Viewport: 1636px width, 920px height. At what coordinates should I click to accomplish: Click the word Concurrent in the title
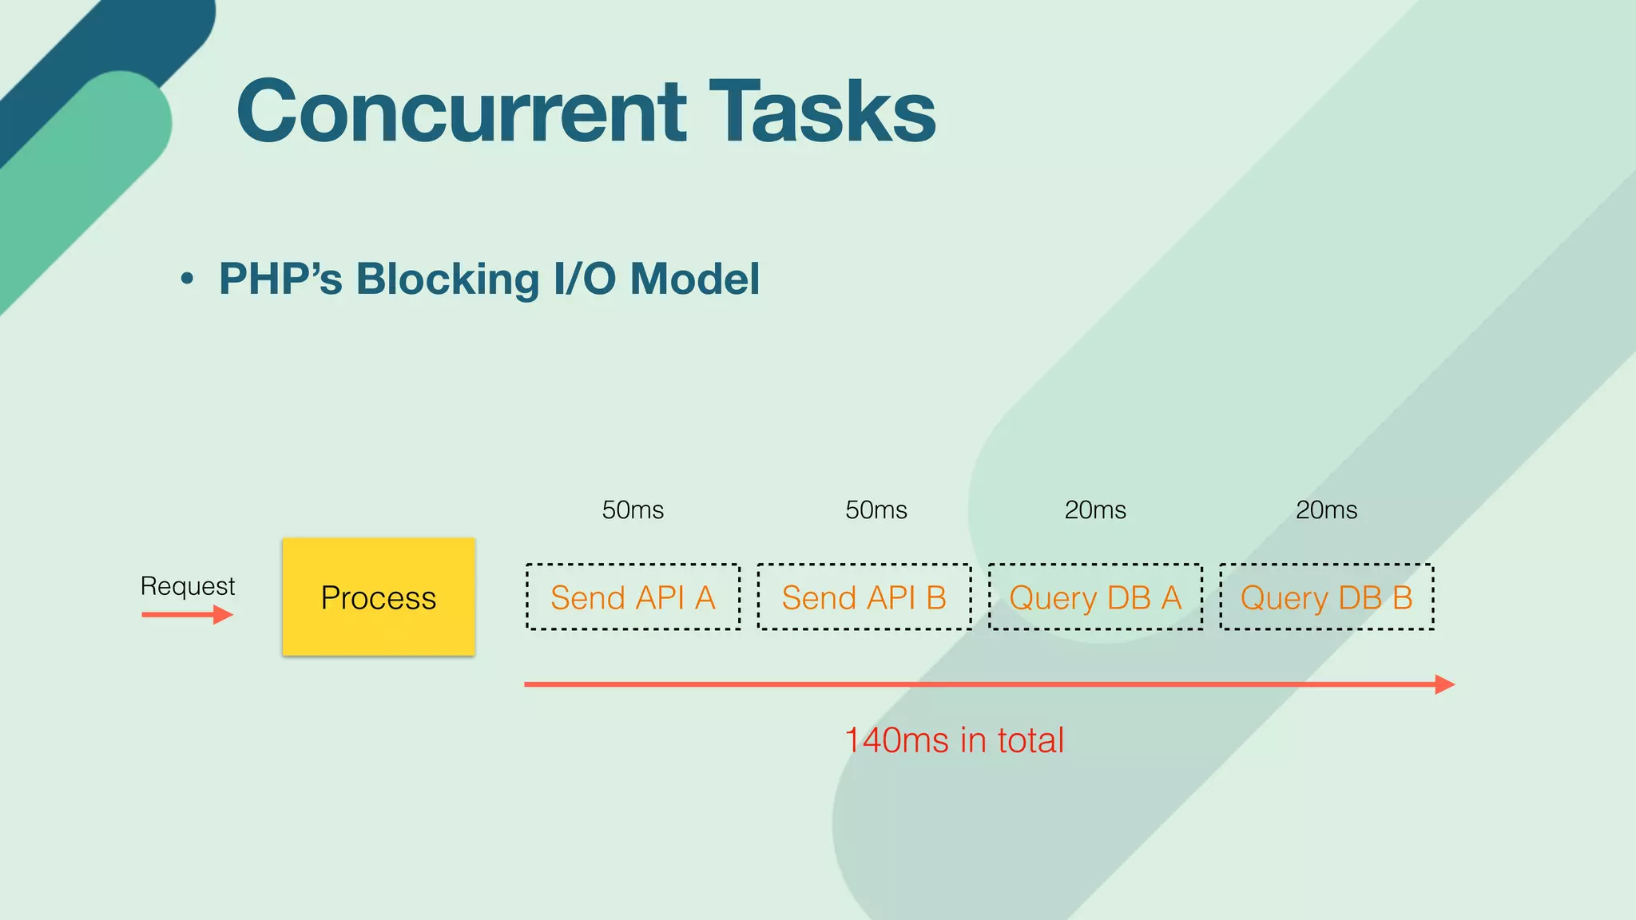point(461,112)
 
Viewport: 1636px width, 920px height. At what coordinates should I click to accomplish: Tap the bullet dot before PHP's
point(187,280)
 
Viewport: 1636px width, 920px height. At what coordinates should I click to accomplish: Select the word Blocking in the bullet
point(447,280)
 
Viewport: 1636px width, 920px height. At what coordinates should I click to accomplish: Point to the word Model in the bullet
point(694,280)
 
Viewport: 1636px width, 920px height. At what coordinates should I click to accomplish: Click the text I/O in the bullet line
point(585,280)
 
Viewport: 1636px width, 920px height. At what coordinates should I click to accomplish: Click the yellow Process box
point(379,597)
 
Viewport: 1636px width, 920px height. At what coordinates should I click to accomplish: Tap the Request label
point(188,586)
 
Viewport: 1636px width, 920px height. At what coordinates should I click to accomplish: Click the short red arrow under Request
point(187,615)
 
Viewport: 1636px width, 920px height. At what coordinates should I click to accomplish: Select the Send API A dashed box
point(633,597)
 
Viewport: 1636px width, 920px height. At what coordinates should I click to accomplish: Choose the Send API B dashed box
point(864,597)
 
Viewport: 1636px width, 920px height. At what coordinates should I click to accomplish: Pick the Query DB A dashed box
point(1095,597)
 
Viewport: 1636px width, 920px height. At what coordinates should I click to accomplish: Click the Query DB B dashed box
point(1326,597)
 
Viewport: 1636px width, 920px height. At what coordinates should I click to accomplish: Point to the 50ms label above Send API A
point(633,510)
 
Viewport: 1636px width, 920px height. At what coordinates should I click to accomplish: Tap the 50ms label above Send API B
point(876,510)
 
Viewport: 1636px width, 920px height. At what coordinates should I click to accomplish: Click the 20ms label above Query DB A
point(1095,510)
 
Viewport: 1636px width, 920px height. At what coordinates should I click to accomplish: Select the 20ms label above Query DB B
point(1326,510)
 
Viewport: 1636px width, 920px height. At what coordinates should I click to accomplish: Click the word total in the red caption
point(1030,740)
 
